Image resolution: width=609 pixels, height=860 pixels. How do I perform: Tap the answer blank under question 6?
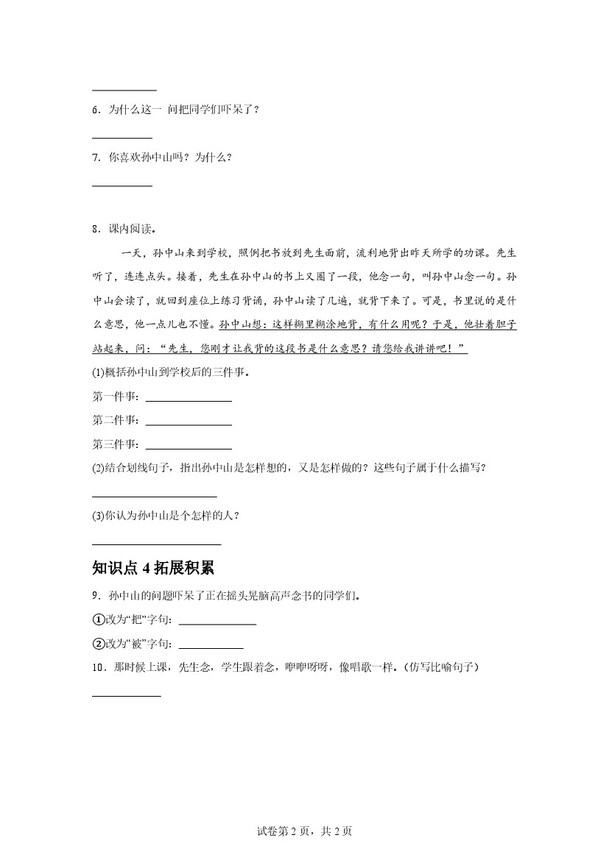pyautogui.click(x=122, y=137)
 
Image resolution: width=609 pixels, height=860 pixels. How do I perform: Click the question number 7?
pyautogui.click(x=96, y=157)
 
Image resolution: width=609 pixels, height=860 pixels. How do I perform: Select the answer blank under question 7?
pyautogui.click(x=122, y=185)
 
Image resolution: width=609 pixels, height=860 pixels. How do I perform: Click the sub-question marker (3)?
pyautogui.click(x=99, y=516)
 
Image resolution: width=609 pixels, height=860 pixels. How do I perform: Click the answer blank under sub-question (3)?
pyautogui.click(x=156, y=543)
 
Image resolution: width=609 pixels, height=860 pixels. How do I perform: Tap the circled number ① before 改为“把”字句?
pyautogui.click(x=98, y=619)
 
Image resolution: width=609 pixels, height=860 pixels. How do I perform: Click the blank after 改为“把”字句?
pyautogui.click(x=217, y=623)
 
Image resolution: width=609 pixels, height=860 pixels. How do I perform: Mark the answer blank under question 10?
pyautogui.click(x=126, y=694)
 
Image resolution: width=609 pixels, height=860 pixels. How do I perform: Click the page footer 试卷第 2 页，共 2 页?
pyautogui.click(x=304, y=832)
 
